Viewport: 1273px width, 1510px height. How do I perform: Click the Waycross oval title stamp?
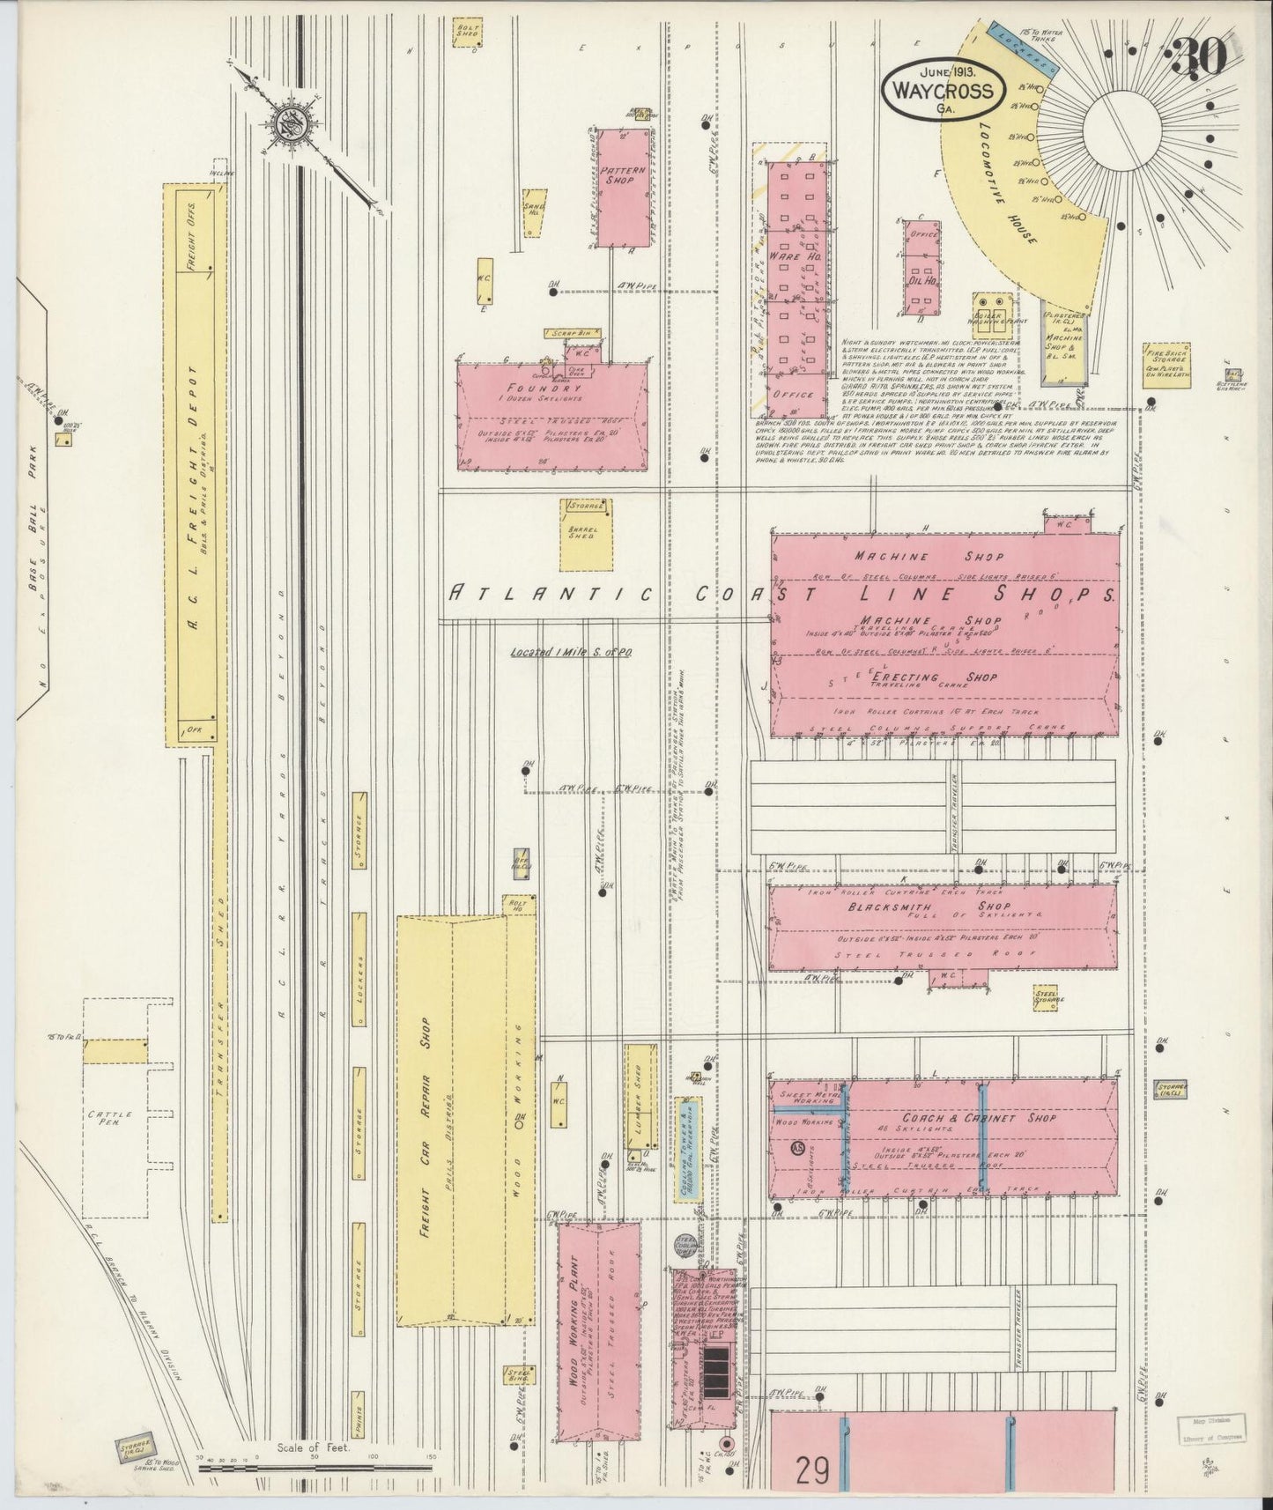pyautogui.click(x=944, y=90)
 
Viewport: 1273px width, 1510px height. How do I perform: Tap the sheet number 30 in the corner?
pyautogui.click(x=1200, y=60)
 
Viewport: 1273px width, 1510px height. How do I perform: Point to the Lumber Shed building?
pyautogui.click(x=640, y=1095)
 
